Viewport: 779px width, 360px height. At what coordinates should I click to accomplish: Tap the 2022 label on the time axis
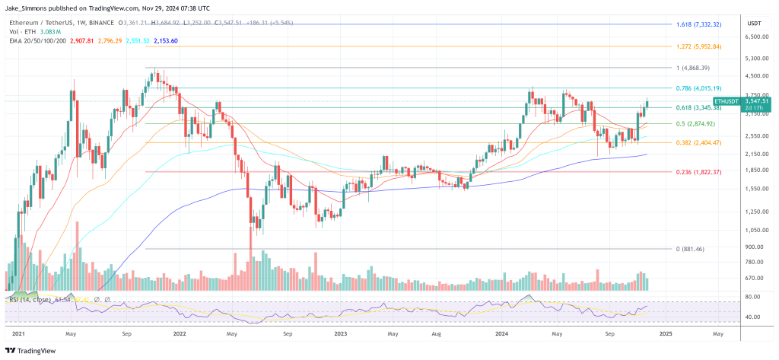(x=180, y=333)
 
